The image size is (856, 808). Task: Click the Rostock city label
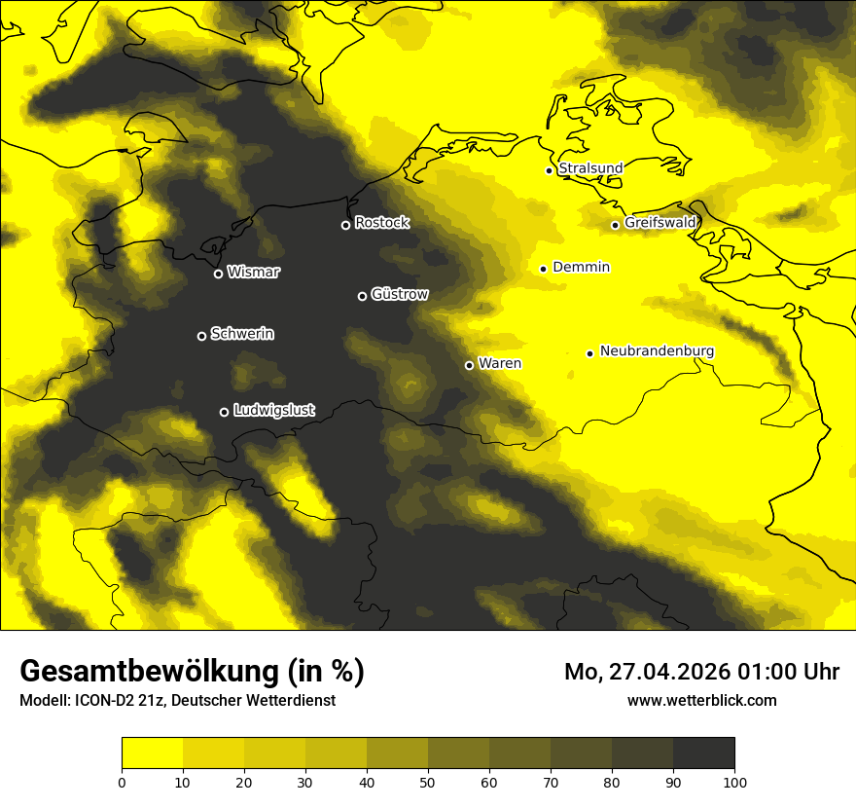tap(381, 223)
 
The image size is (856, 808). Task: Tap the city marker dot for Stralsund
tap(549, 170)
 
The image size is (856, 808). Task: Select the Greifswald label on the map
tap(660, 223)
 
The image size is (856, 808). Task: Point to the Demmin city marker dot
tap(543, 269)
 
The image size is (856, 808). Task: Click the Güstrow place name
tap(400, 294)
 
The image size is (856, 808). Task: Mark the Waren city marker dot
tap(469, 365)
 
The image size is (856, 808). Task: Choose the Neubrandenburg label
tap(657, 351)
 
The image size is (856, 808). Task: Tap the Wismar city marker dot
tap(218, 274)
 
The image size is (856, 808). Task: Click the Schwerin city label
tap(242, 334)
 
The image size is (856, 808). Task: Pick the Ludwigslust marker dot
tap(224, 412)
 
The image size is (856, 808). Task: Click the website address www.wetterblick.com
tap(701, 700)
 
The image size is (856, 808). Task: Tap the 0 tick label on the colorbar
tap(122, 782)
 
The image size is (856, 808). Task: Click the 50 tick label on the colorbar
tap(428, 782)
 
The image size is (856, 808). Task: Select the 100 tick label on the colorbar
tap(734, 782)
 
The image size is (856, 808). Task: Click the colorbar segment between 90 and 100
tap(703, 753)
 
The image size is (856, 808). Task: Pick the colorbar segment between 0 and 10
tap(152, 753)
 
